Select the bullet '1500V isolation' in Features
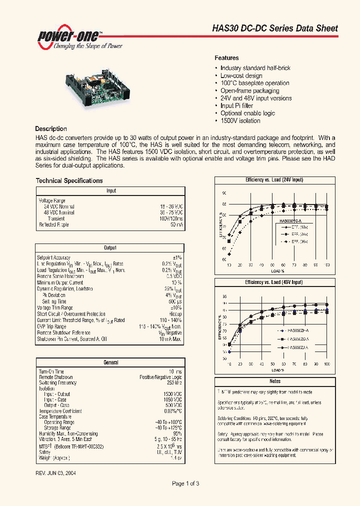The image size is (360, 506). point(240,121)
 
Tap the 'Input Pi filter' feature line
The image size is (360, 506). point(236,106)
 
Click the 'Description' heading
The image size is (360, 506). point(51,129)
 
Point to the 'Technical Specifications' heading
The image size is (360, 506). point(69,181)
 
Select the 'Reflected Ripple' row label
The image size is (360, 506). point(54,225)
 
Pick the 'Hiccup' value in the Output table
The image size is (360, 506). point(175,314)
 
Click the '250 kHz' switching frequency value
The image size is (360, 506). point(174,383)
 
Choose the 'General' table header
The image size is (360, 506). point(110,362)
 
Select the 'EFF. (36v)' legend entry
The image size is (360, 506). point(299,241)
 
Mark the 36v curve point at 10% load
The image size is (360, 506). point(229,254)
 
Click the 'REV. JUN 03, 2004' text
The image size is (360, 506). point(56,472)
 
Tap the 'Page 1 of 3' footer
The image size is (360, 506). point(185,483)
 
